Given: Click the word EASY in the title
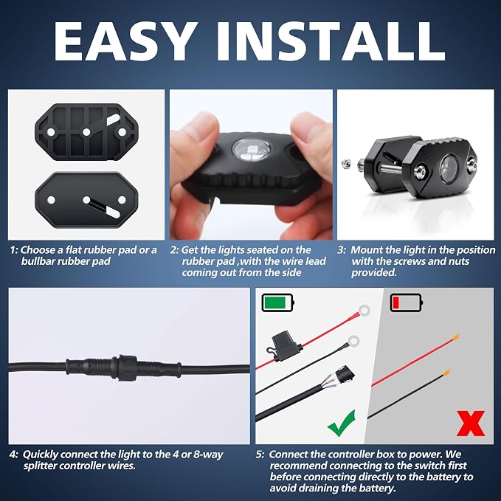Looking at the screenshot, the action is pyautogui.click(x=124, y=41).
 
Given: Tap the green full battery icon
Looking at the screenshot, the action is pyautogui.click(x=278, y=303).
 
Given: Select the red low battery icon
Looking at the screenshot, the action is pyautogui.click(x=407, y=303).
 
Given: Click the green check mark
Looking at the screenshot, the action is pyautogui.click(x=342, y=423).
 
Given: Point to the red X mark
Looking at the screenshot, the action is pyautogui.click(x=471, y=424).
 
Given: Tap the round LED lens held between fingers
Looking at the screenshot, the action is pyautogui.click(x=252, y=149).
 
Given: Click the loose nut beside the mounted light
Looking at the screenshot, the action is pyautogui.click(x=346, y=164).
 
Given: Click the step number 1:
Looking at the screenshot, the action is pyautogui.click(x=14, y=250).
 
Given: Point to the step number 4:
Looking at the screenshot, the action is pyautogui.click(x=14, y=455).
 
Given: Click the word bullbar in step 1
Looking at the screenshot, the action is pyautogui.click(x=38, y=261).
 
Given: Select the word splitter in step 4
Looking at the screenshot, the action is pyautogui.click(x=41, y=466).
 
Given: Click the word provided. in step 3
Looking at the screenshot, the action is pyautogui.click(x=374, y=272).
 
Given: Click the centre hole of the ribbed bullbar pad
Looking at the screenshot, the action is pyautogui.click(x=86, y=131).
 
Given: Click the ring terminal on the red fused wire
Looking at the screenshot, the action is pyautogui.click(x=364, y=310).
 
